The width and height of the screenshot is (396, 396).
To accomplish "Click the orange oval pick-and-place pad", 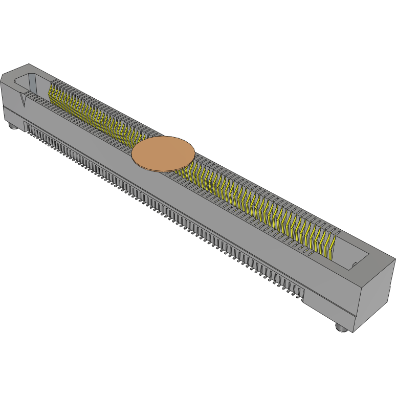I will coord(163,153).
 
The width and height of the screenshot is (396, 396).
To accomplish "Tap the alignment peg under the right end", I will coord(341,327).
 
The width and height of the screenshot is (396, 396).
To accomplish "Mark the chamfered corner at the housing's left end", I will coord(4,76).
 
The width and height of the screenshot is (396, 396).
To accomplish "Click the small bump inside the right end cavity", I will coord(354,263).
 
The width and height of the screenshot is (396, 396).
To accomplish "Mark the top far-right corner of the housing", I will coord(394,258).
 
